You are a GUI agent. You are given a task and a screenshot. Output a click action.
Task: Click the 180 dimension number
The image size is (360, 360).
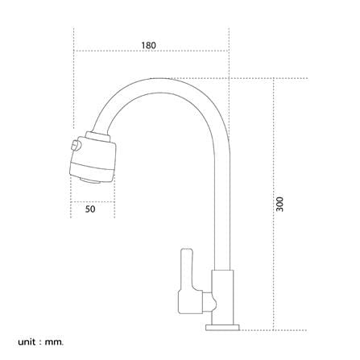148,45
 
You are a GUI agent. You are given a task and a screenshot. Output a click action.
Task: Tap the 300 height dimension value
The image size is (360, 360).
279,204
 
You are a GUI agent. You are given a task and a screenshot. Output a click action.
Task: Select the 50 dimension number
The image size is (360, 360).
90,209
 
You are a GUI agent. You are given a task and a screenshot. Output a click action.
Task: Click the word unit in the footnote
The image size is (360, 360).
27,342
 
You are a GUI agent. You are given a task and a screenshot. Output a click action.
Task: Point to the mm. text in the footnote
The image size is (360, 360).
55,342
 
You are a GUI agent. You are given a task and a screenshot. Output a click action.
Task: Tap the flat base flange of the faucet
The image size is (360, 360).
222,328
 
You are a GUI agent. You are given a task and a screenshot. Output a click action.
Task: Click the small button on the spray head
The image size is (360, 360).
76,145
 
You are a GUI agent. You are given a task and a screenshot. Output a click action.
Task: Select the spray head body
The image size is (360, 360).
93,159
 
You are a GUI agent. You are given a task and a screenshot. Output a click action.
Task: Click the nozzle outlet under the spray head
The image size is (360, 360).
90,180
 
